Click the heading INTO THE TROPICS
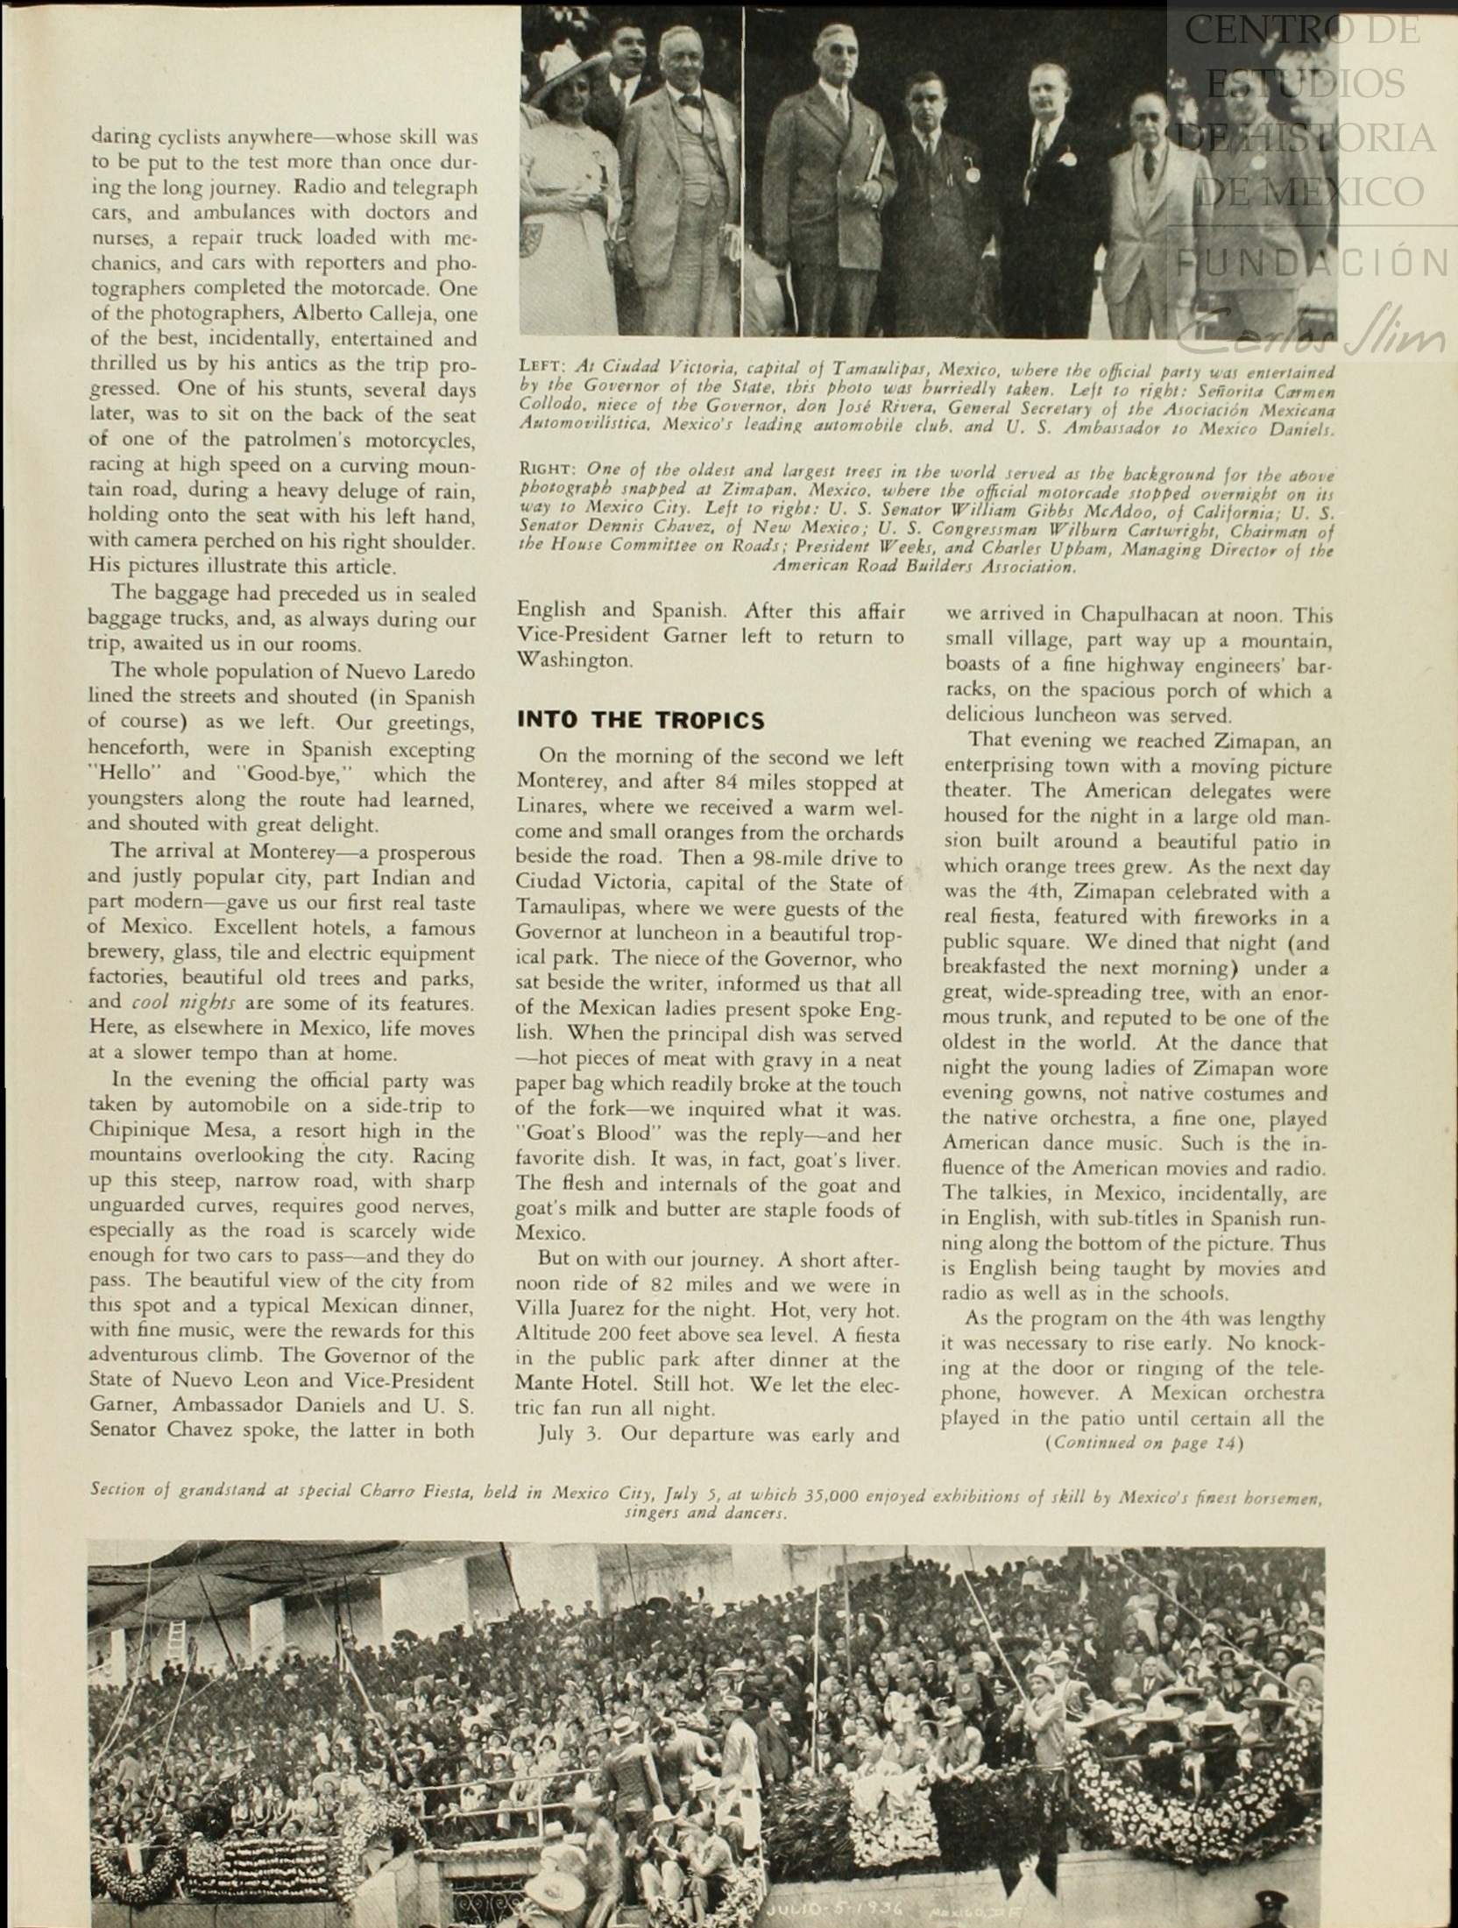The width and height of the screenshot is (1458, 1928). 641,720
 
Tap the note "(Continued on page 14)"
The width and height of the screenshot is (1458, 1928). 1143,1443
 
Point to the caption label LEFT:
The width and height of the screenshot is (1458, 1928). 544,366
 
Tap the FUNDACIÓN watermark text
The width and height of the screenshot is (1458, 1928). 1310,261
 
